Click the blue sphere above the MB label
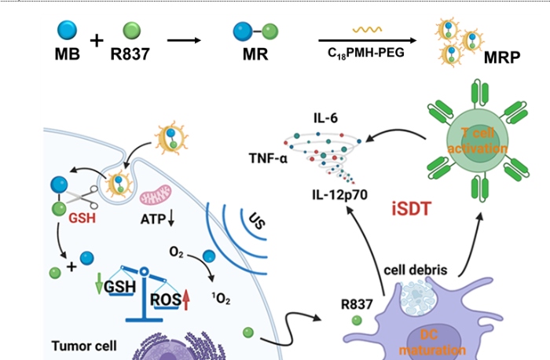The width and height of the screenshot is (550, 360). (x=68, y=31)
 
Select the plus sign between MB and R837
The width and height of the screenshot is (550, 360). (x=97, y=41)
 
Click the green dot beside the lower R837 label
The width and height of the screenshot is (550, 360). (x=357, y=321)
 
